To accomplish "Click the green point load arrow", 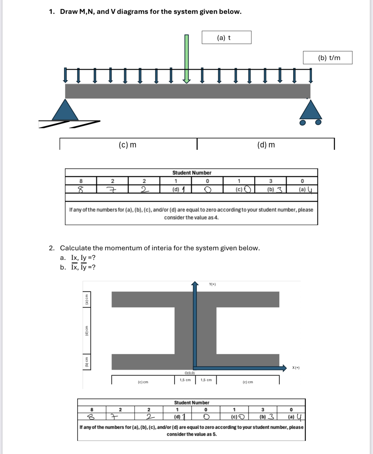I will [186, 59].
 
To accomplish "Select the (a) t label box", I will [226, 38].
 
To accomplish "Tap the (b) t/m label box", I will [328, 58].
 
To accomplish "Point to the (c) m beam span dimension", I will [128, 145].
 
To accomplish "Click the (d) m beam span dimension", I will [266, 145].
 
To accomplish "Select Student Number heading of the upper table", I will [192, 173].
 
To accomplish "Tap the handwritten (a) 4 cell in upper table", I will [302, 189].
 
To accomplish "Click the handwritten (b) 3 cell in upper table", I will [271, 189].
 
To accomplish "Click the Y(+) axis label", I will [212, 284].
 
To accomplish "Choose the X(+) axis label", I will [296, 368].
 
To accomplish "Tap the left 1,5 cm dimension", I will [185, 380].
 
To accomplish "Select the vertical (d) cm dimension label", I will [87, 331].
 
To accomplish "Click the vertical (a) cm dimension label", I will [87, 299].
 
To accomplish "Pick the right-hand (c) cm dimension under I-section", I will [248, 382].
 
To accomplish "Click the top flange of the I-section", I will [195, 299].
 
